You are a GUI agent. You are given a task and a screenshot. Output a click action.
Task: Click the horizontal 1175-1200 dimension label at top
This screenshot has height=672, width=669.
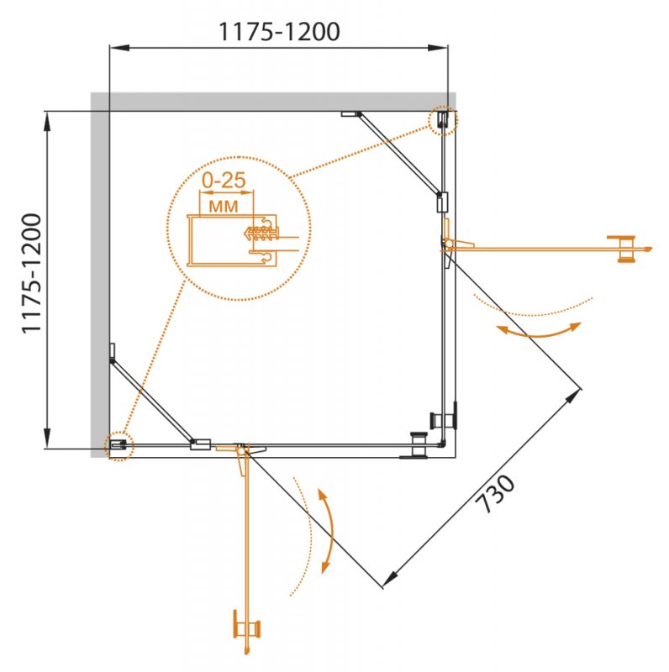click(278, 32)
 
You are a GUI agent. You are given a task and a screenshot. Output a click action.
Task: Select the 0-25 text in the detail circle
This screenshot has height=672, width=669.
click(224, 180)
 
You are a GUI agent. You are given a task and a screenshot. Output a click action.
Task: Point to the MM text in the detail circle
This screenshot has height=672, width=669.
click(220, 204)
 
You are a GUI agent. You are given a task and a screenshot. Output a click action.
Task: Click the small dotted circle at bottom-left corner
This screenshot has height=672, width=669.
click(119, 446)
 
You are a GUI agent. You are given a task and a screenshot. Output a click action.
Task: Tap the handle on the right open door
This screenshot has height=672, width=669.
click(624, 248)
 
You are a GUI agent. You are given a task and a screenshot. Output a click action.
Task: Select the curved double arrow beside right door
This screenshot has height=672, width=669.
click(538, 330)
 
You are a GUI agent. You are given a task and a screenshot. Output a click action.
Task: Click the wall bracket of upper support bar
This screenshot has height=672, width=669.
click(351, 113)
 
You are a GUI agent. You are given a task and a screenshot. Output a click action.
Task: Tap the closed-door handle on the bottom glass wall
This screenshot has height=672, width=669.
click(416, 446)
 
